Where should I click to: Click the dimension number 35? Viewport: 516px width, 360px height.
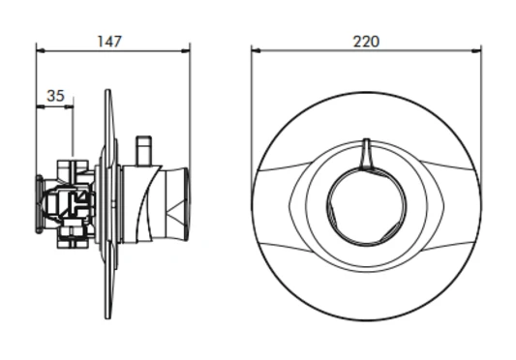pyautogui.click(x=55, y=96)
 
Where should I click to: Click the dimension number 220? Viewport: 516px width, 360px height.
pyautogui.click(x=366, y=41)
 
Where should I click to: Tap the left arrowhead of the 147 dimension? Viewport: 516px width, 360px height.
pyautogui.click(x=40, y=49)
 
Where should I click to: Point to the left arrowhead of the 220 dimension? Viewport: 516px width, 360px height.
pyautogui.click(x=255, y=49)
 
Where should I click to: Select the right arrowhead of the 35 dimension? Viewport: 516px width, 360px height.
pyautogui.click(x=70, y=106)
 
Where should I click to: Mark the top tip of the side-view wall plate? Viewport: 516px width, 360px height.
pyautogui.click(x=108, y=93)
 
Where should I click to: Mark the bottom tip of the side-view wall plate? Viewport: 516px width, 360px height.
pyautogui.click(x=108, y=317)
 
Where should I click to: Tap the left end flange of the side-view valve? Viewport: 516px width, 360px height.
pyautogui.click(x=39, y=204)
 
